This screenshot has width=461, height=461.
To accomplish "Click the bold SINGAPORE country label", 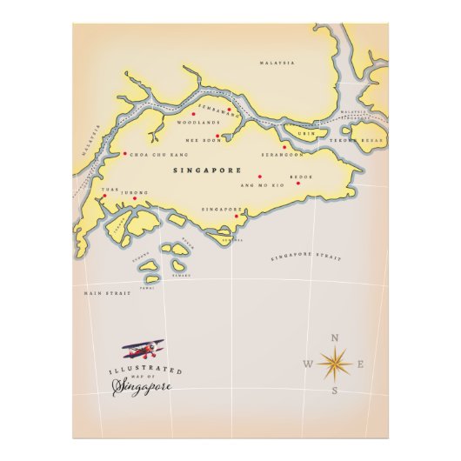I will pyautogui.click(x=206, y=170).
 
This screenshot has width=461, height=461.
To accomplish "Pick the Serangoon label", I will pyautogui.click(x=282, y=154).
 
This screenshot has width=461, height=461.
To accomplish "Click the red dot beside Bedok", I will pyautogui.click(x=297, y=183).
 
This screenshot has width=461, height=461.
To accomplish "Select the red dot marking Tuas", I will pyautogui.click(x=104, y=196).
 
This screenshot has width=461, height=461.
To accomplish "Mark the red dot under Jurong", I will pyautogui.click(x=135, y=198).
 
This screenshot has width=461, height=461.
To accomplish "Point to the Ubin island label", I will pyautogui.click(x=304, y=133).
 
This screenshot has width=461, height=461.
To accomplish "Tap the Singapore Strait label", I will pyautogui.click(x=305, y=257).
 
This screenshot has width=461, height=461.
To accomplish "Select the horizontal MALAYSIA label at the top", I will pyautogui.click(x=277, y=63).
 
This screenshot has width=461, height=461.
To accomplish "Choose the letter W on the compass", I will pyautogui.click(x=307, y=364).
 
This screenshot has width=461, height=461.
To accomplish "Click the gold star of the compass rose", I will pyautogui.click(x=335, y=361).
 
